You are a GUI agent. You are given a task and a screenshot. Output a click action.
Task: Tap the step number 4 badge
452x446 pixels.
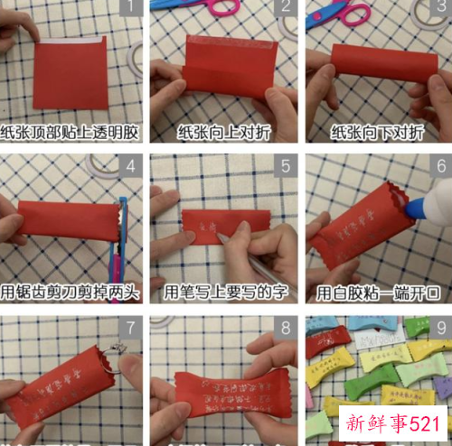[131, 166]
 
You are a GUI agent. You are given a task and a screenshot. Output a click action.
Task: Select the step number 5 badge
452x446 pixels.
[286, 166]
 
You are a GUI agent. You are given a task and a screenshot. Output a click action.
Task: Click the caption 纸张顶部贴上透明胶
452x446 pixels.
[71, 133]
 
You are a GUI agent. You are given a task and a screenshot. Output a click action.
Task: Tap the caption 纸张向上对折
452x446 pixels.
[225, 133]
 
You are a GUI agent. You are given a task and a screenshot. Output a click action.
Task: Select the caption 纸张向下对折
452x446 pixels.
[378, 133]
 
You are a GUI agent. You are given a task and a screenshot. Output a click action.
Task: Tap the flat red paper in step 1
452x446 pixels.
[71, 72]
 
